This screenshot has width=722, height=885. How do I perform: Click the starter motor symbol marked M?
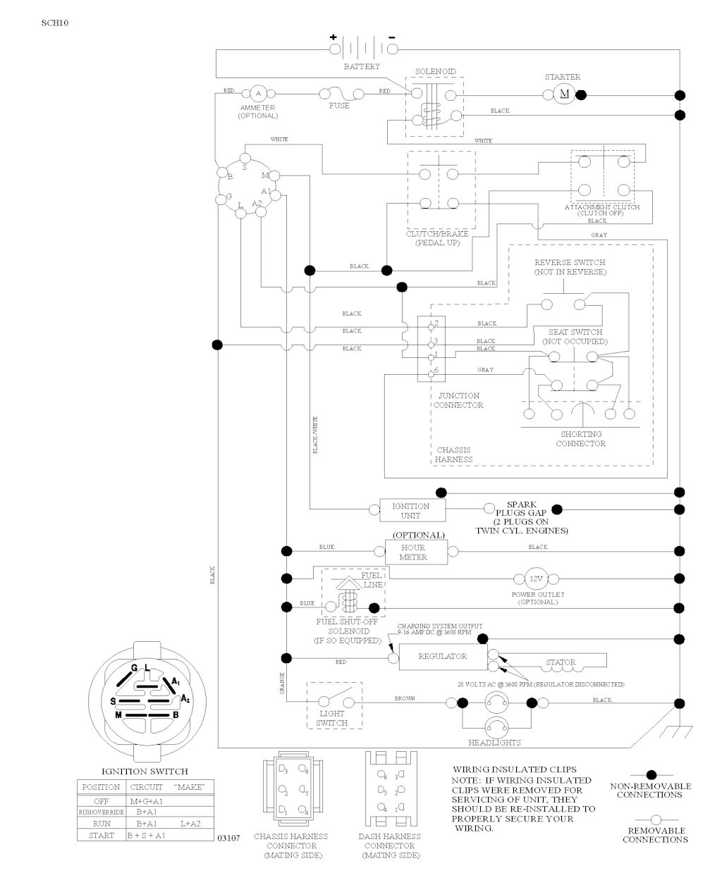tap(564, 94)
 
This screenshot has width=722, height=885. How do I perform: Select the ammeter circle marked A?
tap(257, 94)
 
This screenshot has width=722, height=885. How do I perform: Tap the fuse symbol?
tap(339, 94)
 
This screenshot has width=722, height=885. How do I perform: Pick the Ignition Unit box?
tap(410, 510)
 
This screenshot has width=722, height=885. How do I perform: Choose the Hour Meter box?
tap(415, 552)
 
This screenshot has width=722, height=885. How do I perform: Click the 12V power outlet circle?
tap(536, 578)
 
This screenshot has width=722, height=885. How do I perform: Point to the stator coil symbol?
tap(561, 662)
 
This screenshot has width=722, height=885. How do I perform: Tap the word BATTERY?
tap(361, 66)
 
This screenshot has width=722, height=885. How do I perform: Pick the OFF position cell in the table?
tap(101, 801)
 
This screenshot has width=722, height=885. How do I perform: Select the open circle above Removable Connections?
tap(655, 819)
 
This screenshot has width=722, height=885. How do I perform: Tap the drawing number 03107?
tap(229, 838)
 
